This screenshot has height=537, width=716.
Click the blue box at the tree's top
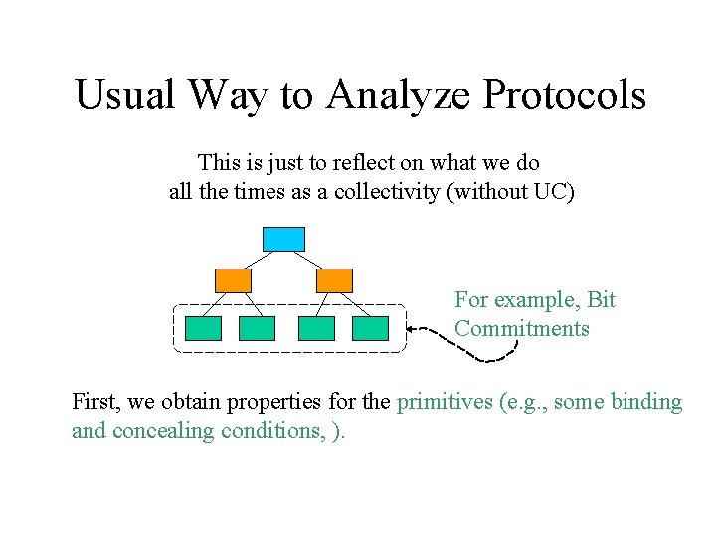tap(283, 239)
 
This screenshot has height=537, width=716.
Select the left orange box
tap(234, 280)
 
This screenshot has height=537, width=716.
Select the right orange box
tap(334, 280)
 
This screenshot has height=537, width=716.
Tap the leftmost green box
tap(204, 329)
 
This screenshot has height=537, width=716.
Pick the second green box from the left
tap(257, 329)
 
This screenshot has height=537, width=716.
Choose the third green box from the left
tap(317, 329)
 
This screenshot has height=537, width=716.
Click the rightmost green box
tap(370, 329)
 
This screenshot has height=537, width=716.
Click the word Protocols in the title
tap(564, 95)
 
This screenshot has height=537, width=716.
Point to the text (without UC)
tap(511, 192)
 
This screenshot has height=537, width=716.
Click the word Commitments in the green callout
tap(522, 329)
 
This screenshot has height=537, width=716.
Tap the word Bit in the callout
tap(602, 299)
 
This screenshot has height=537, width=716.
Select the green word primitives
tap(444, 402)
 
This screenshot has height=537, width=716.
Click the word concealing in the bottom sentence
tap(160, 431)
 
